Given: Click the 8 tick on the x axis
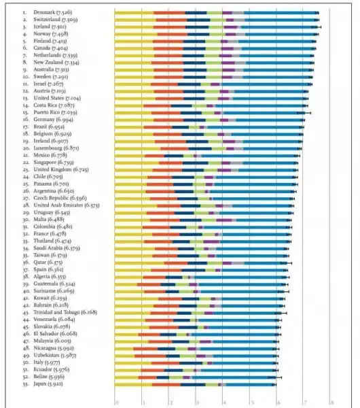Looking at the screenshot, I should [331, 402].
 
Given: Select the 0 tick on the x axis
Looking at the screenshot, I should [116, 402].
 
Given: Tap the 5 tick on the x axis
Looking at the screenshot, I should [250, 402].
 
